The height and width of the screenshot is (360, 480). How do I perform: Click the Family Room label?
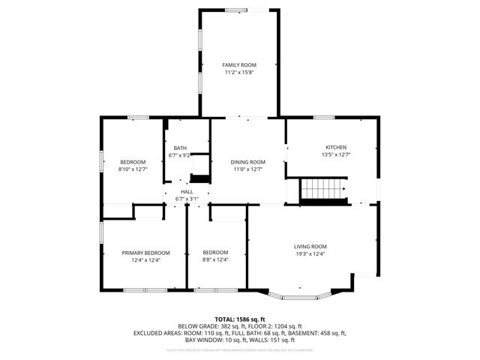[x=239, y=65]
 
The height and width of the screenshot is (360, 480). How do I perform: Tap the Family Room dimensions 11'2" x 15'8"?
[x=239, y=73]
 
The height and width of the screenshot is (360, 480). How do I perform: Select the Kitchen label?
[x=335, y=147]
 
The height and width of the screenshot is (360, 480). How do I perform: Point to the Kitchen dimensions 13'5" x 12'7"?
[x=335, y=154]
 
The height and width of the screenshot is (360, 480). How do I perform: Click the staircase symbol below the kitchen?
[x=323, y=190]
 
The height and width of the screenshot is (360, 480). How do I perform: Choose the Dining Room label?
[x=248, y=162]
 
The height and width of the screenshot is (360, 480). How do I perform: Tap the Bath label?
[x=180, y=148]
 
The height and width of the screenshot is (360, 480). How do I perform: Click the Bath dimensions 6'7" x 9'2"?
[x=180, y=155]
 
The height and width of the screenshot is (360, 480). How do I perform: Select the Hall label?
[x=187, y=191]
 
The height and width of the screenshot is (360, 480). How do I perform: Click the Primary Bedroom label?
[x=145, y=253]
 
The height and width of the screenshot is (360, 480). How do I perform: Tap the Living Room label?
[x=310, y=246]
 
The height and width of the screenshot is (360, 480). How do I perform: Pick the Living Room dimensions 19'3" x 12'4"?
[x=310, y=253]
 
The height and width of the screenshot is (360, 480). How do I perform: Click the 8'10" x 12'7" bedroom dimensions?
[x=133, y=169]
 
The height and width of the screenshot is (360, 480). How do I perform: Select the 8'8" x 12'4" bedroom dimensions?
[x=215, y=260]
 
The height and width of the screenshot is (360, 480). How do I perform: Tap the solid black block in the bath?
[x=199, y=178]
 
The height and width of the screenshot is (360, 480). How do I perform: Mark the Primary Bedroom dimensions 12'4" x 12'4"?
[x=145, y=260]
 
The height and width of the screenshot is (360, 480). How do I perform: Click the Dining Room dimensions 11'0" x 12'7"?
[x=248, y=169]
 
